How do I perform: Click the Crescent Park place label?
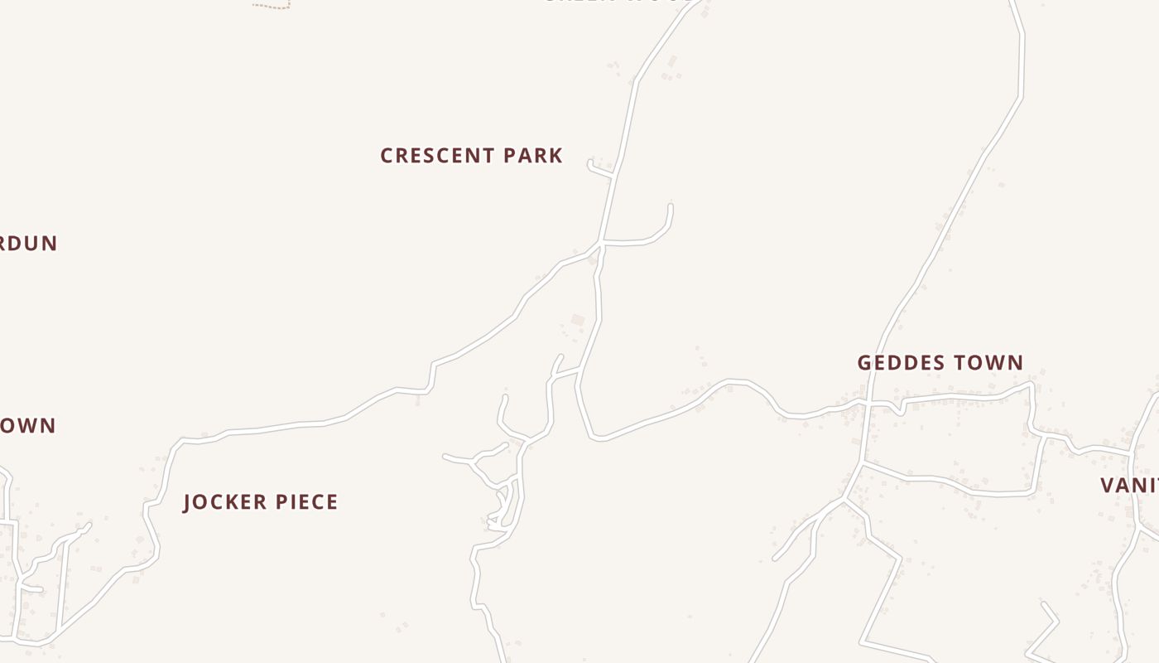(471, 156)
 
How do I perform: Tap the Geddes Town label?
(940, 363)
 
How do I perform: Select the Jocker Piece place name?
(260, 502)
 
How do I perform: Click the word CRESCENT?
(437, 156)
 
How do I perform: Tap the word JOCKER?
(220, 502)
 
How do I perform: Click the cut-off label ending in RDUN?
(28, 244)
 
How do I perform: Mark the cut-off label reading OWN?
(28, 426)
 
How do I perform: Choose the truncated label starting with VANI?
(1131, 486)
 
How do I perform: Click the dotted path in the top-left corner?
(272, 7)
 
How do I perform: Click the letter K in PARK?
(556, 156)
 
